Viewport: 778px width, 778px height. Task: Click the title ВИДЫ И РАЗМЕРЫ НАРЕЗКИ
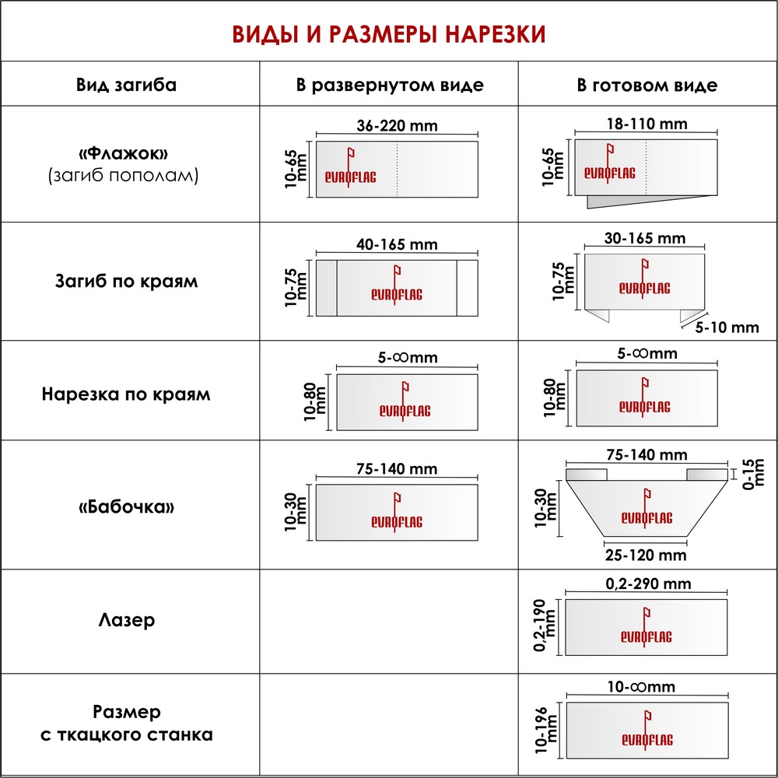click(x=389, y=34)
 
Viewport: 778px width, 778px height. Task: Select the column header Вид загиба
click(x=126, y=85)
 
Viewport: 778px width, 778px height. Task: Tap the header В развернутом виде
click(x=389, y=85)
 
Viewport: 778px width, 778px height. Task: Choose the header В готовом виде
click(x=647, y=85)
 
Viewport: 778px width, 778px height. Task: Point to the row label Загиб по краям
click(x=126, y=281)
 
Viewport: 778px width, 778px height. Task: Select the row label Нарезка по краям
click(x=126, y=394)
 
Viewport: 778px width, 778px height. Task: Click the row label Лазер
click(x=126, y=620)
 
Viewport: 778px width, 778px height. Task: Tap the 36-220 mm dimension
click(x=397, y=126)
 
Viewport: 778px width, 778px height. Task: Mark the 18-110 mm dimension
click(x=647, y=124)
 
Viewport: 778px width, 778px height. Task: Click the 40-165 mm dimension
click(x=397, y=244)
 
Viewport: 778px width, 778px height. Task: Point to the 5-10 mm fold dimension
click(x=727, y=328)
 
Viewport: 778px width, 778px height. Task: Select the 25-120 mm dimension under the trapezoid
click(x=647, y=555)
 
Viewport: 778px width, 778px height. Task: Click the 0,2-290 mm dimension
click(x=647, y=583)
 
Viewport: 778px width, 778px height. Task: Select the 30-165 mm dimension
click(x=645, y=238)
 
